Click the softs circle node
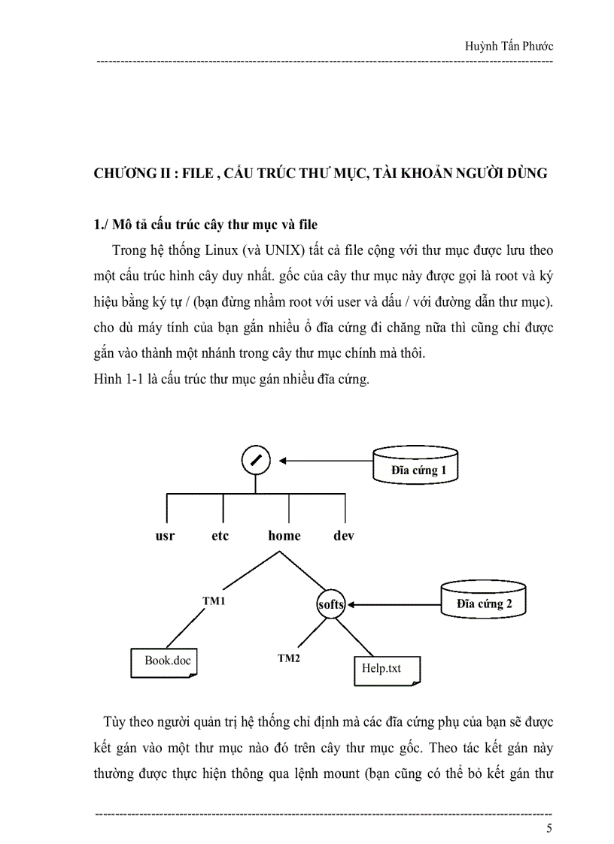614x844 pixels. (331, 604)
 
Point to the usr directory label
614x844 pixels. (165, 536)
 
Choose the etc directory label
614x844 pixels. (220, 536)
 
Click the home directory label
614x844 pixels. (284, 536)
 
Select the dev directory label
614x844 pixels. (344, 536)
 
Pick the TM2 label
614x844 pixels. (289, 658)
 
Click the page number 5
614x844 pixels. (549, 828)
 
